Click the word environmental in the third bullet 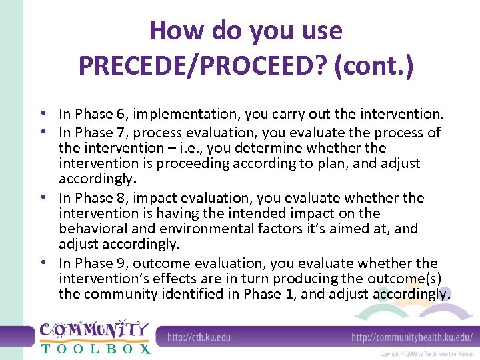click(x=198, y=229)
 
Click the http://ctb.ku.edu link click(x=199, y=337)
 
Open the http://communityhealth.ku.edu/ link click(x=412, y=337)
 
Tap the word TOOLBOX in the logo click(x=95, y=348)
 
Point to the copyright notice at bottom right click(x=427, y=353)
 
